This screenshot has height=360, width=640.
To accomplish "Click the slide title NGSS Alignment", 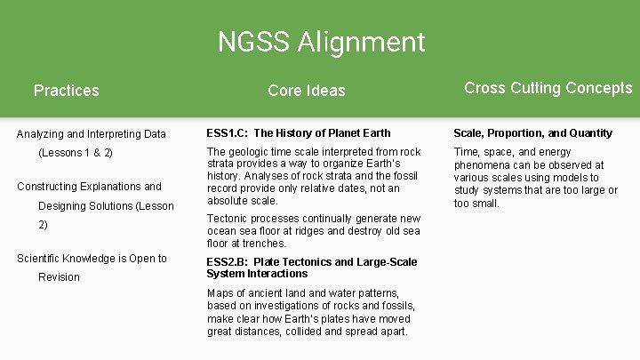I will (x=321, y=42).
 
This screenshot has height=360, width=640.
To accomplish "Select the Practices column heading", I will (x=66, y=90).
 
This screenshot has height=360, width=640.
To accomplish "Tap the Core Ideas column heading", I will (x=306, y=90).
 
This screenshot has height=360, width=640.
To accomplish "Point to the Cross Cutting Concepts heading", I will (x=548, y=88).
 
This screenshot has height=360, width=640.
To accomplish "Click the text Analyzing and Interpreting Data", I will (x=92, y=134).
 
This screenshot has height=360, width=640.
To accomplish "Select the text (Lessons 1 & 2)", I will (x=76, y=153).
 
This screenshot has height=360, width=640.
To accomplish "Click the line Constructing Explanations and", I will (x=90, y=187).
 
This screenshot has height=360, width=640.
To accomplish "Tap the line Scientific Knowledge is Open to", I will (x=92, y=259).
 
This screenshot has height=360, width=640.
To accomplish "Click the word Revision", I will (x=59, y=277).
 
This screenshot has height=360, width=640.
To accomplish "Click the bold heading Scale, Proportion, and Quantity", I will (x=533, y=133).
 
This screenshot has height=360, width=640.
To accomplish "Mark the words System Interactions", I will (x=257, y=274).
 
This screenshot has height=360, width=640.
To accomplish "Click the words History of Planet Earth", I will (x=334, y=133).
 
